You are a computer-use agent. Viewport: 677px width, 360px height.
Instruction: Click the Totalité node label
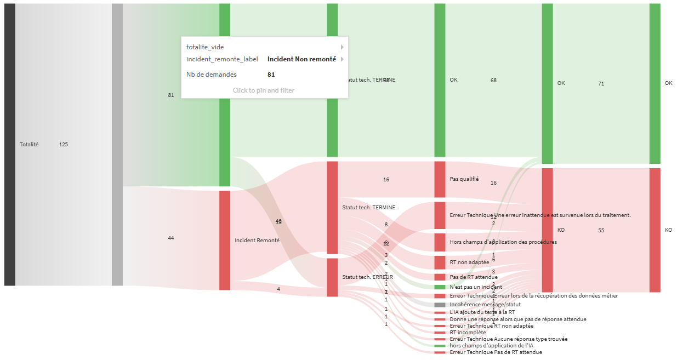click(x=29, y=145)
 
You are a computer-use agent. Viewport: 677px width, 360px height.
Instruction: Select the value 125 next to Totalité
click(x=63, y=145)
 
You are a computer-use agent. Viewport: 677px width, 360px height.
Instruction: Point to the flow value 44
click(x=170, y=238)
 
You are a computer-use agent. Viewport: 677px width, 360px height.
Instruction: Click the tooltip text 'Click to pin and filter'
click(x=264, y=90)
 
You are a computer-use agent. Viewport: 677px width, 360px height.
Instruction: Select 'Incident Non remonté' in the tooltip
click(x=301, y=59)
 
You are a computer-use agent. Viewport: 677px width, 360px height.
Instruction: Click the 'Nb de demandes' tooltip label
click(x=212, y=75)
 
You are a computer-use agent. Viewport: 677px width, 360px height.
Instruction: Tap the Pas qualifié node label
click(x=464, y=179)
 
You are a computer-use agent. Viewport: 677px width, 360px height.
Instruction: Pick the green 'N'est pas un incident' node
click(x=440, y=287)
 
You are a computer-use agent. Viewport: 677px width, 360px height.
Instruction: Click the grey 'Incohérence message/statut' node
click(x=440, y=305)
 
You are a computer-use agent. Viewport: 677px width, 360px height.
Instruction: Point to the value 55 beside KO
click(x=601, y=231)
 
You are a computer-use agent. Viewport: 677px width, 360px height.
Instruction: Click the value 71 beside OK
click(x=601, y=84)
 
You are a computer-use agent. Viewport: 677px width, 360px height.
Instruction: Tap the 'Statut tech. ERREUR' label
click(x=367, y=277)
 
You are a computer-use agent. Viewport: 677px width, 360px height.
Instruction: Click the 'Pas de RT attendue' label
click(x=474, y=277)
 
